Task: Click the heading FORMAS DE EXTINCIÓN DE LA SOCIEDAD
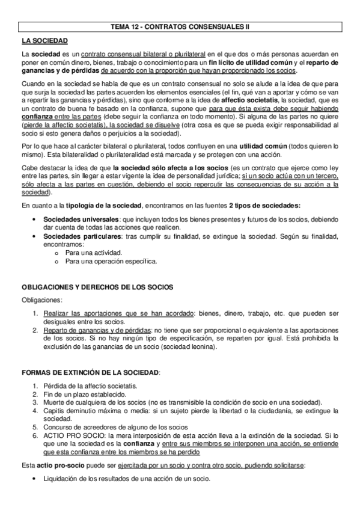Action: tap(91, 373)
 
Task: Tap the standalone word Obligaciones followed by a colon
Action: tap(41, 300)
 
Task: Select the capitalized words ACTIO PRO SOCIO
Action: tap(69, 435)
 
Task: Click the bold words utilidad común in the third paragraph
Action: tap(267, 146)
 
